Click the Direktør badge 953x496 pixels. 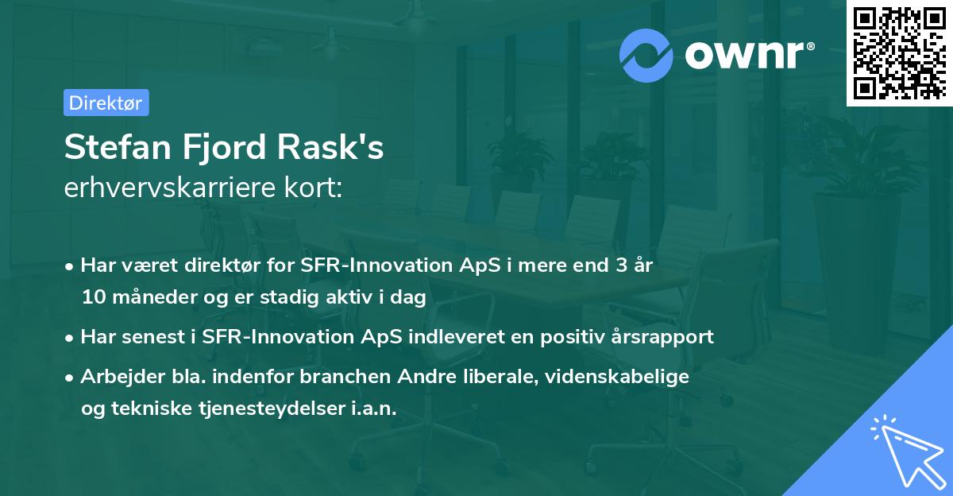(106, 103)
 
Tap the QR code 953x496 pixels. (899, 52)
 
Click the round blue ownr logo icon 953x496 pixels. (646, 55)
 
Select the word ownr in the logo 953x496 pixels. (747, 55)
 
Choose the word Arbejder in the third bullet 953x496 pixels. (116, 376)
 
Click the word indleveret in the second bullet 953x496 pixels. (452, 336)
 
